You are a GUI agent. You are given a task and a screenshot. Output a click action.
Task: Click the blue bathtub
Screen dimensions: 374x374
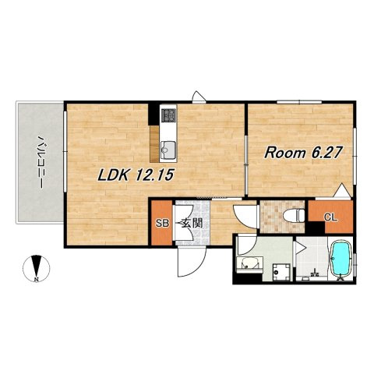point(341,259)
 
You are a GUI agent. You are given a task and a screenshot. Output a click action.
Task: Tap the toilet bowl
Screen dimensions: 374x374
point(294,215)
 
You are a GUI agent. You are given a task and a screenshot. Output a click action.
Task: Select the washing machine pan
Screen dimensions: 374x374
point(281,272)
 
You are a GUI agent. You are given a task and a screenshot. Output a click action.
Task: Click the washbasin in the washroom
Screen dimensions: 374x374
point(249,264)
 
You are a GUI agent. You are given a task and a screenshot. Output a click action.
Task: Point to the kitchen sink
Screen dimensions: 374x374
point(168,150)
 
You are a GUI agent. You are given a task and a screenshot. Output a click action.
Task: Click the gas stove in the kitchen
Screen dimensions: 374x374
point(168,115)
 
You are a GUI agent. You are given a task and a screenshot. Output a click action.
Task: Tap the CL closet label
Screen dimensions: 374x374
point(330,217)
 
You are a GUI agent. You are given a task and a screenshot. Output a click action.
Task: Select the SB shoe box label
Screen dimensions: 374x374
point(162,223)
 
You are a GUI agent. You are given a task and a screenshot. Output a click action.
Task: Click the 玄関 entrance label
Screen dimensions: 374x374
point(192,223)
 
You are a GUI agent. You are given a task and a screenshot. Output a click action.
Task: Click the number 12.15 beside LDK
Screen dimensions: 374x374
point(153,175)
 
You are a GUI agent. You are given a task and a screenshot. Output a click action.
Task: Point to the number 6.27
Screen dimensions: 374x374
point(325,153)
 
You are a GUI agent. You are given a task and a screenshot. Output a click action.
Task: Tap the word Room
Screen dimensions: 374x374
point(285,153)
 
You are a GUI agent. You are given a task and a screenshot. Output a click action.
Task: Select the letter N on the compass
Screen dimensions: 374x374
point(37,280)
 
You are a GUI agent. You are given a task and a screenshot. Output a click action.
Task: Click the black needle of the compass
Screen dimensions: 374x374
point(37,266)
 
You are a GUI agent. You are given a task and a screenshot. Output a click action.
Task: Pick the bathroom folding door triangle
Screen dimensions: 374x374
point(300,248)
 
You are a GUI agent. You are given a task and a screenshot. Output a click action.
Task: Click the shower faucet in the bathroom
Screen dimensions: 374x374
point(315,273)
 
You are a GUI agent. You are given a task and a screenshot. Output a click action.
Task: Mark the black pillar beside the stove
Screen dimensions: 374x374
point(153,115)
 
